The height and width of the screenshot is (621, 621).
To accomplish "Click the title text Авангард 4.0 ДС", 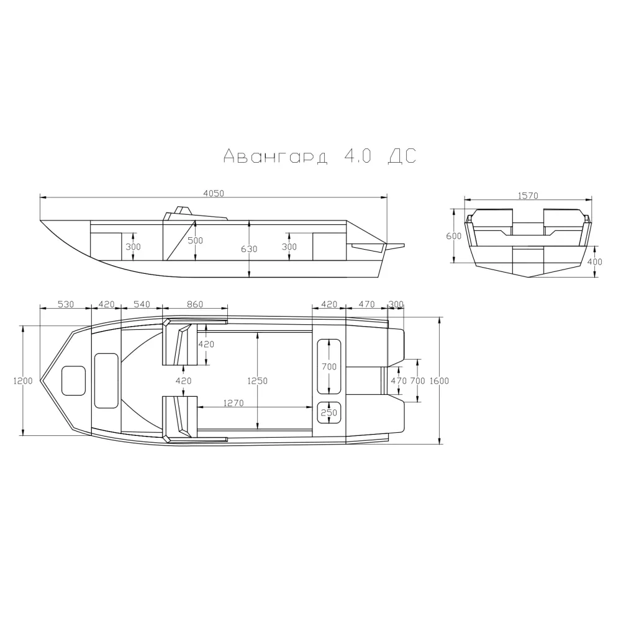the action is click(x=320, y=156).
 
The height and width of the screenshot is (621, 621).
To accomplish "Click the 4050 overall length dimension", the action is click(x=214, y=193).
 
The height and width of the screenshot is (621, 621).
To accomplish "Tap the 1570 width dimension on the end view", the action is click(x=528, y=196).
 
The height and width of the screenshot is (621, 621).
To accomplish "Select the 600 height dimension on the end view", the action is click(x=453, y=236).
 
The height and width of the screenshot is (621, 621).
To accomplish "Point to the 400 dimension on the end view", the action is click(x=594, y=262).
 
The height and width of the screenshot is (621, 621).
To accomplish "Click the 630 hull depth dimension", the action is click(x=249, y=249).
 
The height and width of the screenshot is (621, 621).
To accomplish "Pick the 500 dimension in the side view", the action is click(x=195, y=240).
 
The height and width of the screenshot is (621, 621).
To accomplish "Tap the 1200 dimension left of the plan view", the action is click(x=23, y=381).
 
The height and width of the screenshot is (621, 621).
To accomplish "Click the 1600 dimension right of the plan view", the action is click(x=439, y=381).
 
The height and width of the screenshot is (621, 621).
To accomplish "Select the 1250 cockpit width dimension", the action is click(x=258, y=381).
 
